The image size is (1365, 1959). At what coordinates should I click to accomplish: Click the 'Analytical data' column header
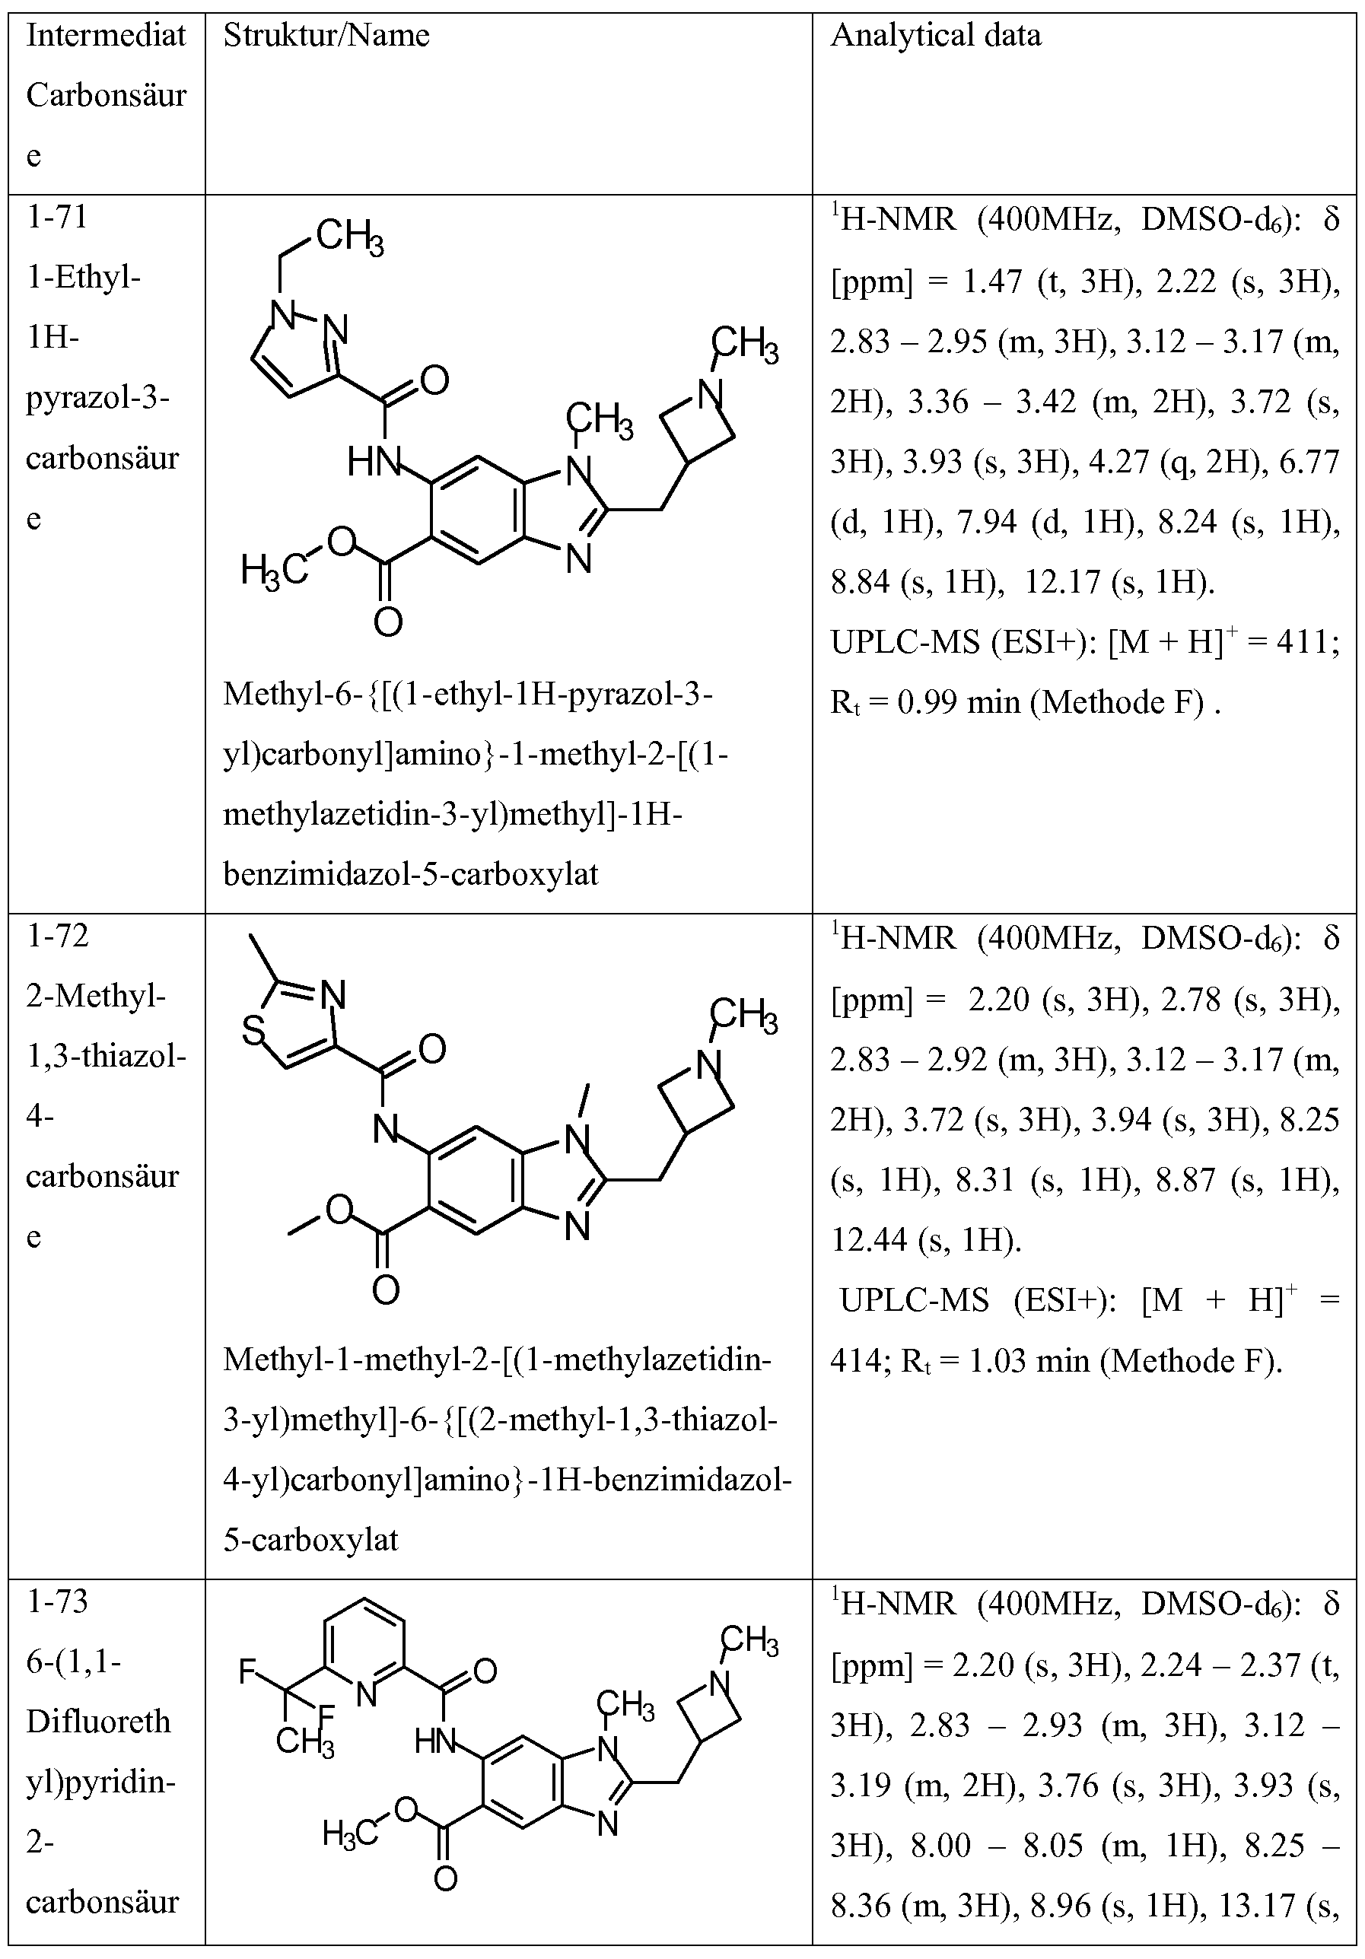[936, 36]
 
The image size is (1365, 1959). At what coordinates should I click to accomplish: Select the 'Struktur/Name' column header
[326, 36]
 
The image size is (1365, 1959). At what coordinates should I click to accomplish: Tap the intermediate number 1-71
[57, 218]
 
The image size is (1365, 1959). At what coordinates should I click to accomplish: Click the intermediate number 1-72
[57, 937]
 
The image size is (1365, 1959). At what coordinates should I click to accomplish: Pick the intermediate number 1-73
[57, 1602]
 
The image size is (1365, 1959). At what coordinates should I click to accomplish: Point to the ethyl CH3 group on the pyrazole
[349, 237]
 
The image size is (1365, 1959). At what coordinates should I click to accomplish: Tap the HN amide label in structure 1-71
[372, 463]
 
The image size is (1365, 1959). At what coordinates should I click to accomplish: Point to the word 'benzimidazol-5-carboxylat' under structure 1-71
[410, 873]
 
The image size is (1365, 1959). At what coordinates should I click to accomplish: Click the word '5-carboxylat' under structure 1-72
[310, 1539]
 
